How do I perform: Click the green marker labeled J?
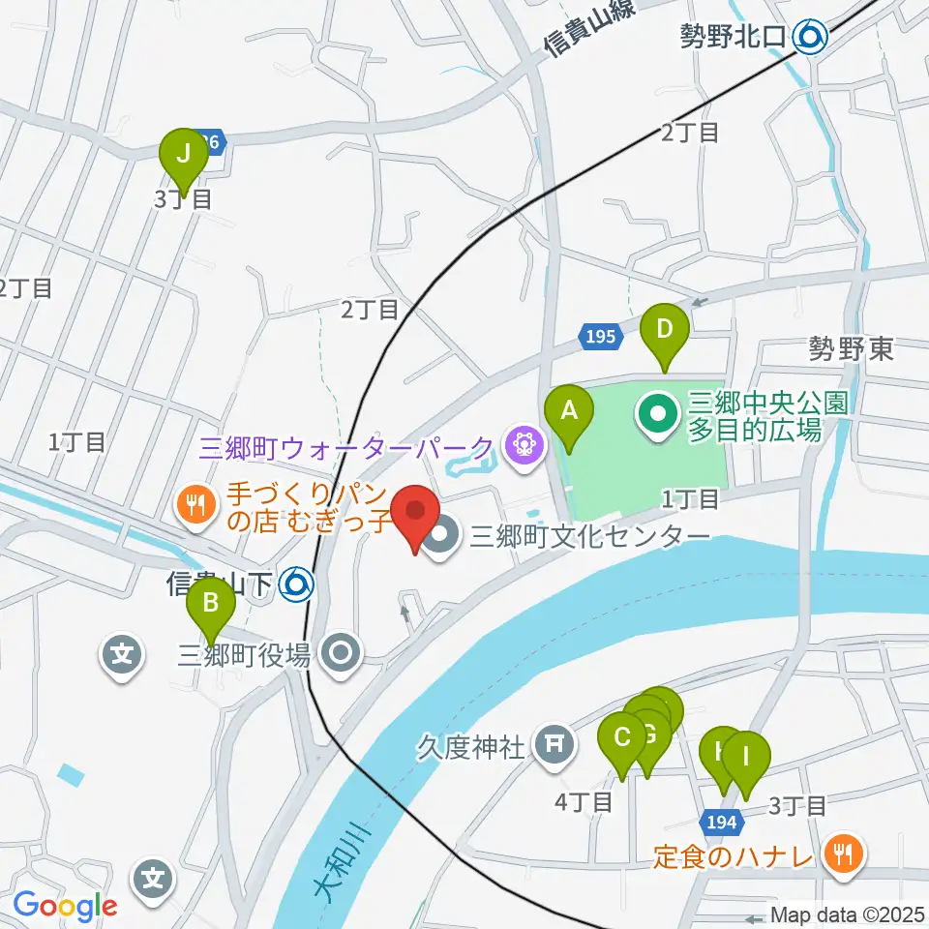click(x=182, y=154)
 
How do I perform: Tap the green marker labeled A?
click(x=570, y=411)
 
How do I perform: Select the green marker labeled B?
click(x=210, y=607)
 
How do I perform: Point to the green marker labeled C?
click(x=622, y=738)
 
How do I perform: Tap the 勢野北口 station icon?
click(x=808, y=38)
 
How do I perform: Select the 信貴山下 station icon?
click(x=294, y=584)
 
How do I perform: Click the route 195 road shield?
click(x=599, y=337)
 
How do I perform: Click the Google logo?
click(x=65, y=905)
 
